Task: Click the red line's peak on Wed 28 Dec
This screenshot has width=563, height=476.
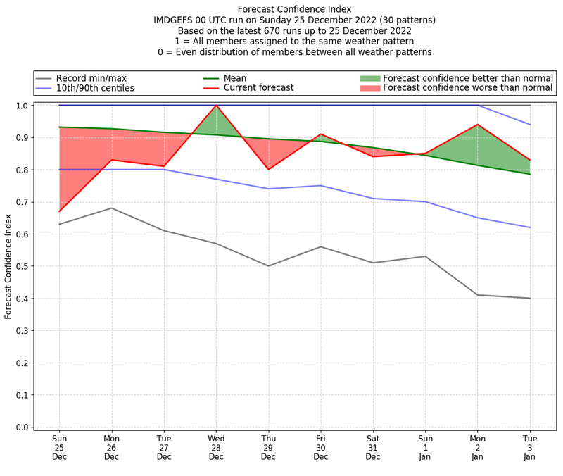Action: point(216,106)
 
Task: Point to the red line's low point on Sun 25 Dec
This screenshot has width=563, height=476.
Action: point(59,211)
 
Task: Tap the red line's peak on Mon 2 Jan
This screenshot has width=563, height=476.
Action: point(478,125)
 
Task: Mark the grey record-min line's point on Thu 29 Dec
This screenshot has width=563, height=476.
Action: point(268,266)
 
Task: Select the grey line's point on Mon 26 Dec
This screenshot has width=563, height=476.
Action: point(111,208)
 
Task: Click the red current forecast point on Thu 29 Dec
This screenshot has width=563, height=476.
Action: point(268,169)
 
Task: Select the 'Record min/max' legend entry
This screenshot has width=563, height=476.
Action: point(91,78)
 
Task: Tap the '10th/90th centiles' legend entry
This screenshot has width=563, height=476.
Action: point(95,88)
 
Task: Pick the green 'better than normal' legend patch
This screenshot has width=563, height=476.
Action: point(369,78)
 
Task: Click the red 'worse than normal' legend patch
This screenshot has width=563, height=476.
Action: point(369,88)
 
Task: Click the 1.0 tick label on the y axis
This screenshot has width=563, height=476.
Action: point(22,106)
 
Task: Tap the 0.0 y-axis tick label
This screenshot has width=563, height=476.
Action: point(22,427)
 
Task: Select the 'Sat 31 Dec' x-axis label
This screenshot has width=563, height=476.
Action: point(373,447)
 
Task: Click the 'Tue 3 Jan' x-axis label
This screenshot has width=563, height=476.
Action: point(530,447)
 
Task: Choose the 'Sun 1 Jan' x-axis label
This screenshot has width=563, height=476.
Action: point(425,447)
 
